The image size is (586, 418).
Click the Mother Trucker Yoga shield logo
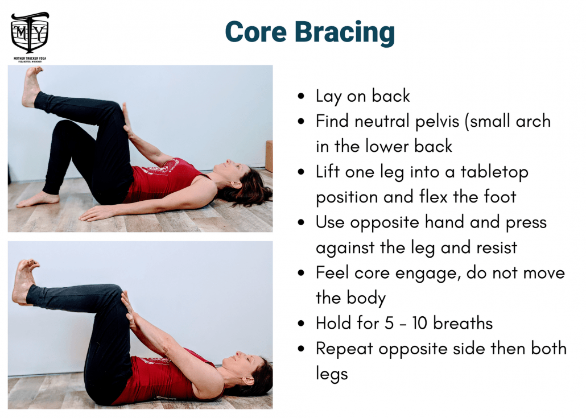click(30, 33)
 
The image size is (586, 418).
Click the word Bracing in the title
click(345, 33)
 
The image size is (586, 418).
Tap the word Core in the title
click(256, 32)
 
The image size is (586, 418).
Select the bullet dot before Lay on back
click(301, 96)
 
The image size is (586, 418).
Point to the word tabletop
click(494, 172)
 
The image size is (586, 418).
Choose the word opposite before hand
click(385, 223)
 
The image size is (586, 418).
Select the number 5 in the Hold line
click(389, 323)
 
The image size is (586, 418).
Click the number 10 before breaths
click(419, 323)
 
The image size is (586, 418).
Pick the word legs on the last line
click(332, 374)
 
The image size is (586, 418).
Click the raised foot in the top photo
click(31, 86)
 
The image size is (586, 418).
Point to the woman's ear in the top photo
click(236, 184)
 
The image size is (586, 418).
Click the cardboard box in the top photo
click(269, 156)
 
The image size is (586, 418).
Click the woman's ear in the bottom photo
click(247, 381)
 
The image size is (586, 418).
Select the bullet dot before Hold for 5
click(301, 324)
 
